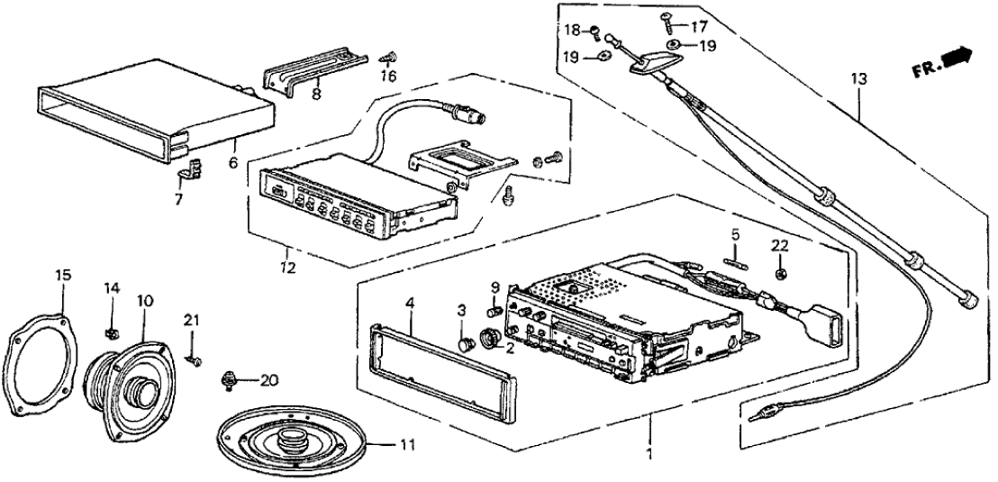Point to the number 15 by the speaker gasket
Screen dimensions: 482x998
point(62,274)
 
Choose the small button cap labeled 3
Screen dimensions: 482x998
point(466,344)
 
